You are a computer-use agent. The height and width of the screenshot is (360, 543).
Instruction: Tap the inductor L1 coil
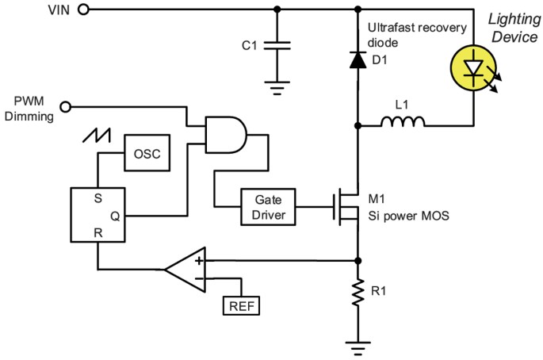coord(402,123)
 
